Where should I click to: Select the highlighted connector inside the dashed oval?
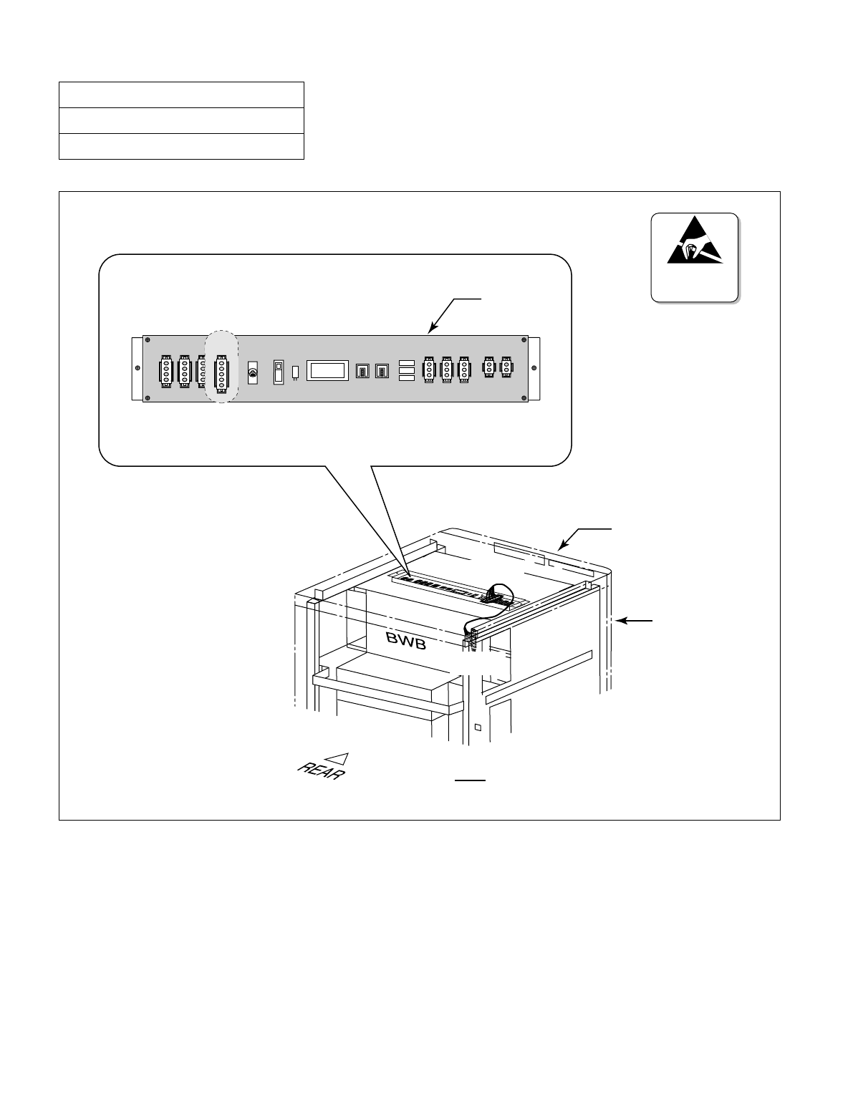222,371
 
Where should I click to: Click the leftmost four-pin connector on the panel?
165,371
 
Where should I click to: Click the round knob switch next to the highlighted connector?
252,372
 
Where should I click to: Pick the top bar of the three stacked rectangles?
407,362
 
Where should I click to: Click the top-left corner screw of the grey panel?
148,340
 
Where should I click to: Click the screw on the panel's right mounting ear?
535,368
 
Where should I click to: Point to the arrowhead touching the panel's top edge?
430,330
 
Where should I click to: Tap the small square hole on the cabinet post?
477,728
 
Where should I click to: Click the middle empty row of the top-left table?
181,120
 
